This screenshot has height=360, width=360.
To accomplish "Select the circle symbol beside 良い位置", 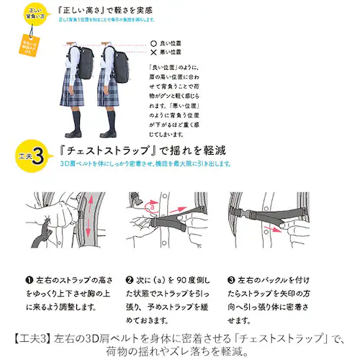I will point(153,44).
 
